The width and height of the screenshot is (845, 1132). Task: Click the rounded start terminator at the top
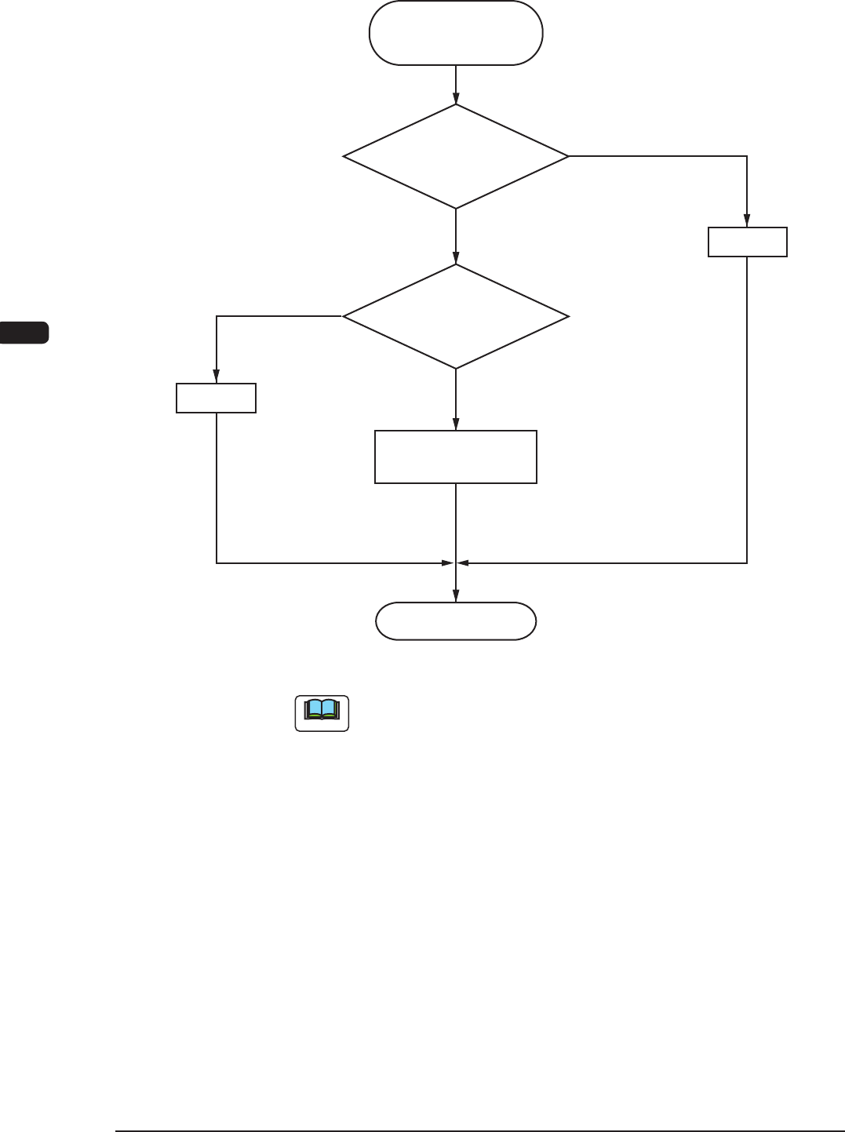(x=456, y=33)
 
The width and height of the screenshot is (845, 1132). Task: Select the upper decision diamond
(x=456, y=157)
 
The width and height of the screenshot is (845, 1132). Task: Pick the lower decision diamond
(x=456, y=316)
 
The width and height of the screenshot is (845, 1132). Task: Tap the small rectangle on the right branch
(x=747, y=242)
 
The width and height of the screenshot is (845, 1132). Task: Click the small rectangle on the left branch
(x=217, y=398)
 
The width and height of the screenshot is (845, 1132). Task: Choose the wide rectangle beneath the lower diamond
(x=456, y=457)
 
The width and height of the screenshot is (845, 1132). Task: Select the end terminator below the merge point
(x=456, y=621)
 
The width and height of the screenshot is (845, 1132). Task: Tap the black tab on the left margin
(x=24, y=332)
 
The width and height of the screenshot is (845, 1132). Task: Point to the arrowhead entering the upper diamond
(x=456, y=100)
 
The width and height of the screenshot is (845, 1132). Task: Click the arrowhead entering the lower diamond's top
(x=456, y=259)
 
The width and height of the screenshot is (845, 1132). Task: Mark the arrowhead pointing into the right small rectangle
(x=747, y=222)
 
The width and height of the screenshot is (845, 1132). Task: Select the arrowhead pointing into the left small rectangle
(x=217, y=378)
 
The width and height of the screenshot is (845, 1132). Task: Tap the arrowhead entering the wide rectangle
(x=456, y=425)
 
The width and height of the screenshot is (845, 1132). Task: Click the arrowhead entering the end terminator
(x=456, y=598)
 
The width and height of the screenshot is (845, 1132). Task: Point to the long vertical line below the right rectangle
(x=747, y=408)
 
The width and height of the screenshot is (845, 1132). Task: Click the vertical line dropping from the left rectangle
(x=217, y=486)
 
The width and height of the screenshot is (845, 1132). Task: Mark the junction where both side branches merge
(x=456, y=562)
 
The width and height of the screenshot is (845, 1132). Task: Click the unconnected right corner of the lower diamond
(x=567, y=317)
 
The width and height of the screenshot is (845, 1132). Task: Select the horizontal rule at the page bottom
(x=479, y=1131)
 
